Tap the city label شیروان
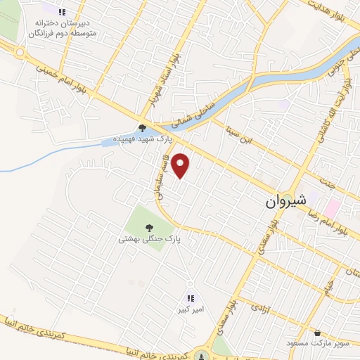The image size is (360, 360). click(286, 201)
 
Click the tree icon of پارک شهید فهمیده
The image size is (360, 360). click(142, 127)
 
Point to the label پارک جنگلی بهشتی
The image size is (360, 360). click(150, 239)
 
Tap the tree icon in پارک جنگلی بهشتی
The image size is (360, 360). click(149, 227)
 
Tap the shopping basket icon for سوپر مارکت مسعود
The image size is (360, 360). click(318, 333)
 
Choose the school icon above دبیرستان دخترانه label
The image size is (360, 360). click(62, 12)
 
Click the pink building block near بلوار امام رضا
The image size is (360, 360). click(333, 209)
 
